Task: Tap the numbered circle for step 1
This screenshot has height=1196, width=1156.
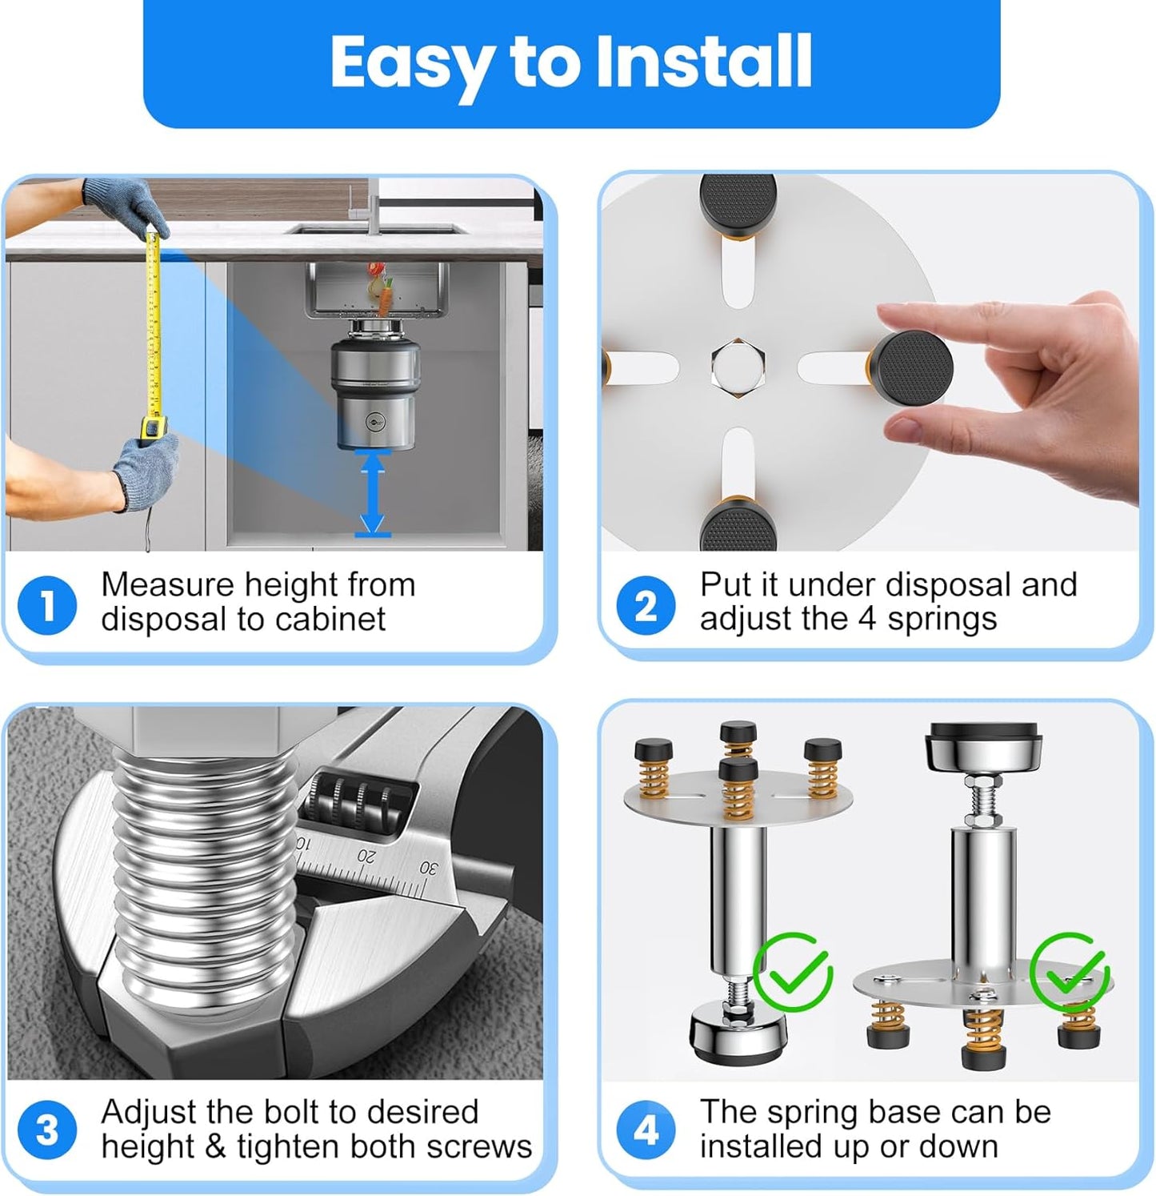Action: (47, 605)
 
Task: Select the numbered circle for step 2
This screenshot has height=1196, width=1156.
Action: (646, 605)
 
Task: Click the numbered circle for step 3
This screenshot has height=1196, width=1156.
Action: (47, 1130)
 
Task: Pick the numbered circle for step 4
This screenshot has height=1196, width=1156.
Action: (646, 1130)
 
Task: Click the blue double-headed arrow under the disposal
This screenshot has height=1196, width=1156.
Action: (373, 492)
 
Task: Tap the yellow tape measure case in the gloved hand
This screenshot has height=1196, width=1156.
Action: (153, 427)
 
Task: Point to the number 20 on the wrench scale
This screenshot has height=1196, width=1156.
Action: (366, 855)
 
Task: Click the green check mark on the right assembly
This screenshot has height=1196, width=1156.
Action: (1070, 971)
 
